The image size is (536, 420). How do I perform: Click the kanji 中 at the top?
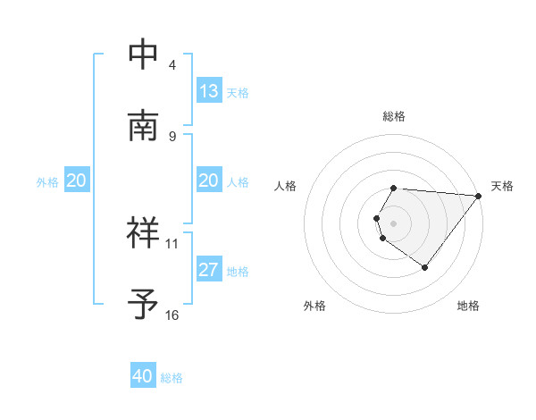144,54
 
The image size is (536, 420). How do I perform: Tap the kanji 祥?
144,231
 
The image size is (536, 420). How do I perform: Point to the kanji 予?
144,304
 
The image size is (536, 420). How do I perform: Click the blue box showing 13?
209,91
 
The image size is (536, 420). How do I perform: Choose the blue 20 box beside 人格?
209,181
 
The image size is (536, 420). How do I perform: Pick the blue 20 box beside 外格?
77,181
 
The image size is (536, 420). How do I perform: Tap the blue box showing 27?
209,270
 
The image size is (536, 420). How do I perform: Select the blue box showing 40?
143,376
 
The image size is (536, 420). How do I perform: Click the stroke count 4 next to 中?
172,65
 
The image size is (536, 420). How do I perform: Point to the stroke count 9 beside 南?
172,137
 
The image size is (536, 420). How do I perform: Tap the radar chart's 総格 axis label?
394,116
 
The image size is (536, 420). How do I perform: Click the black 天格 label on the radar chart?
502,186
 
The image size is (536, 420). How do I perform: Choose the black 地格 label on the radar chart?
468,307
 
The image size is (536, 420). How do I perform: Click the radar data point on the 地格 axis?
425,267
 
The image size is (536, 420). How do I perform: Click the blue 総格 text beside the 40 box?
172,378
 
